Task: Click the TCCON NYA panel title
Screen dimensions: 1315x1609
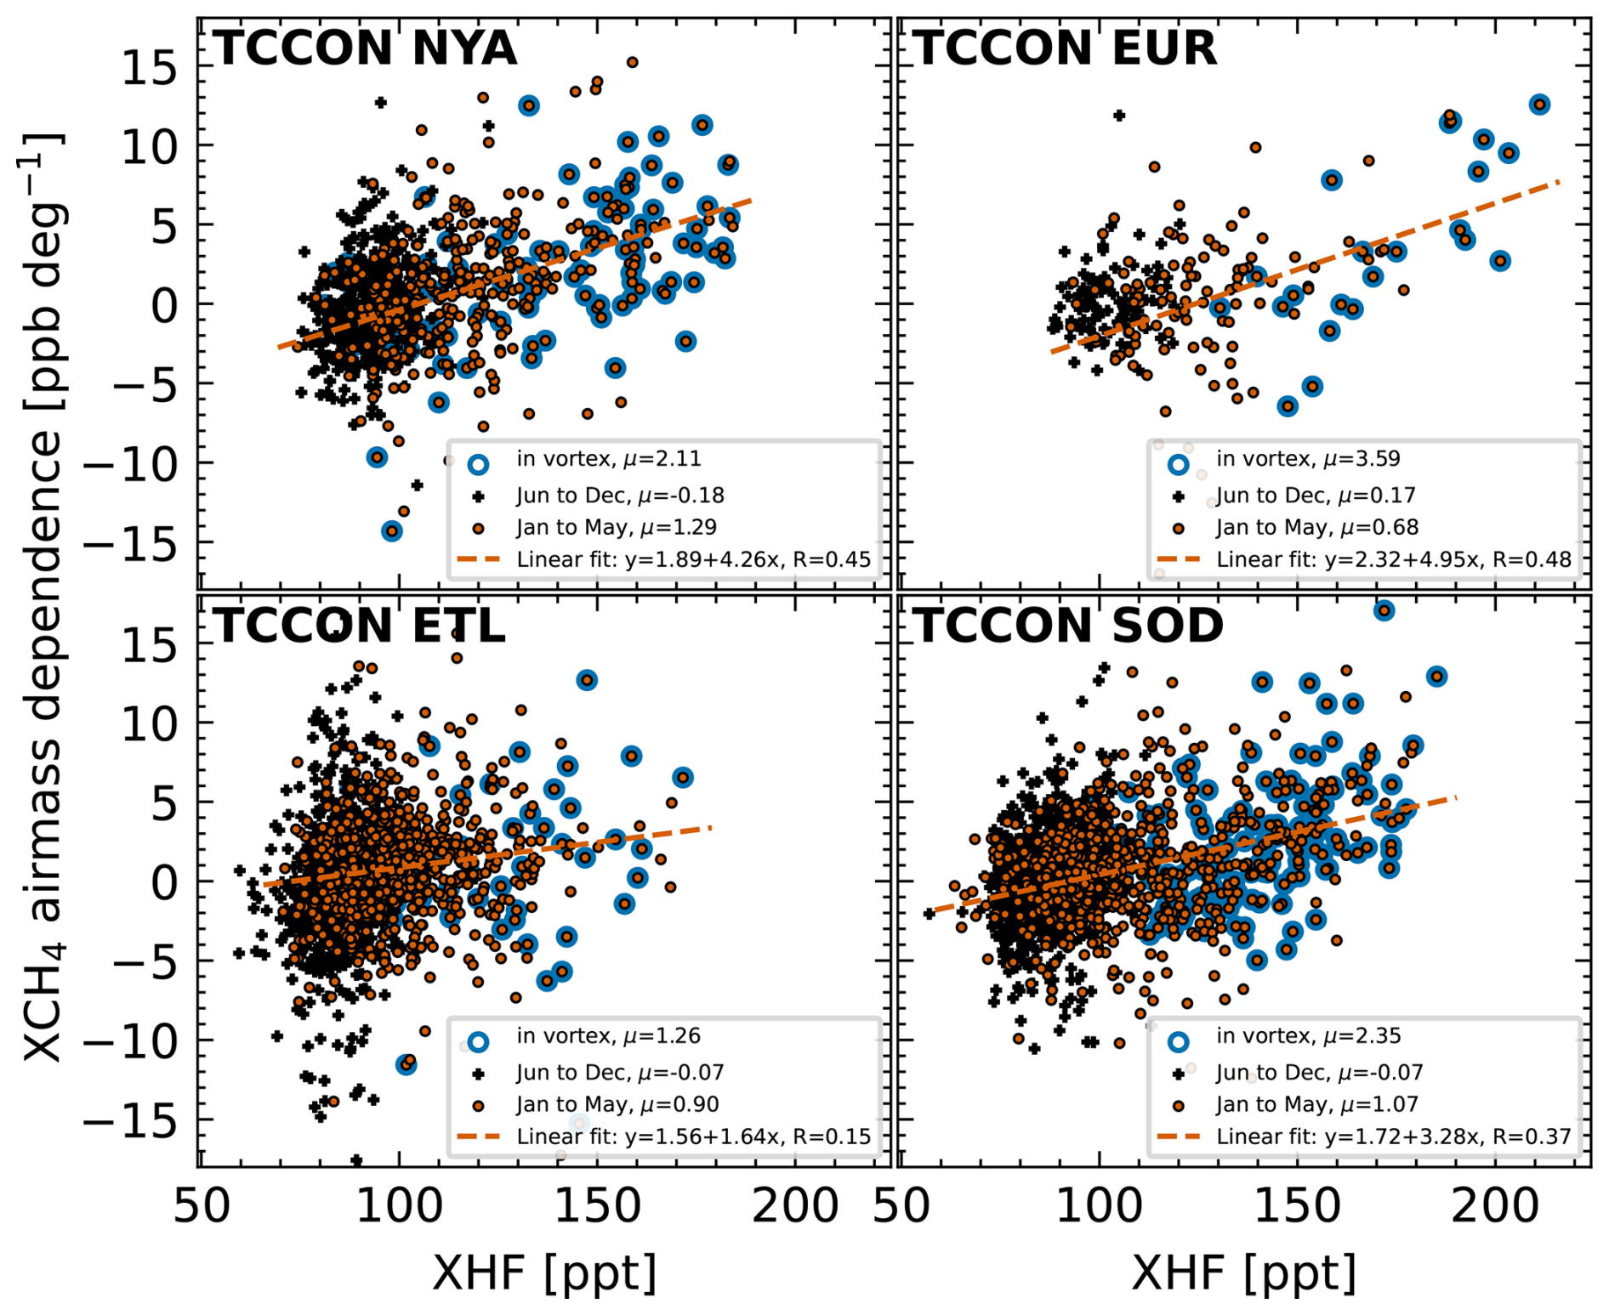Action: (365, 48)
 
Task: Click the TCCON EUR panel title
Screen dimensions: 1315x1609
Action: (1065, 48)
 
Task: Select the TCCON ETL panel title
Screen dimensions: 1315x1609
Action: (359, 626)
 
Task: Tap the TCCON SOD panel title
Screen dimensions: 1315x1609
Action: (1068, 626)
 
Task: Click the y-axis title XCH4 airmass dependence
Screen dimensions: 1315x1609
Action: (43, 595)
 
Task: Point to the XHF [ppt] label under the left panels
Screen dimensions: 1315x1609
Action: (544, 1272)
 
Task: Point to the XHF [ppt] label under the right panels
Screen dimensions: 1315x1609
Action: (1243, 1272)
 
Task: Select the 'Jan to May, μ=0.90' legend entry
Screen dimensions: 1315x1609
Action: (617, 1105)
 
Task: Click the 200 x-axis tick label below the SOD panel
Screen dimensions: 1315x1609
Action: (1495, 1207)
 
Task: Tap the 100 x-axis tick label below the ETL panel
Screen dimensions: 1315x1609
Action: (399, 1207)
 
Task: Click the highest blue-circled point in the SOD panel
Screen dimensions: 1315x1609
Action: (1384, 610)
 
